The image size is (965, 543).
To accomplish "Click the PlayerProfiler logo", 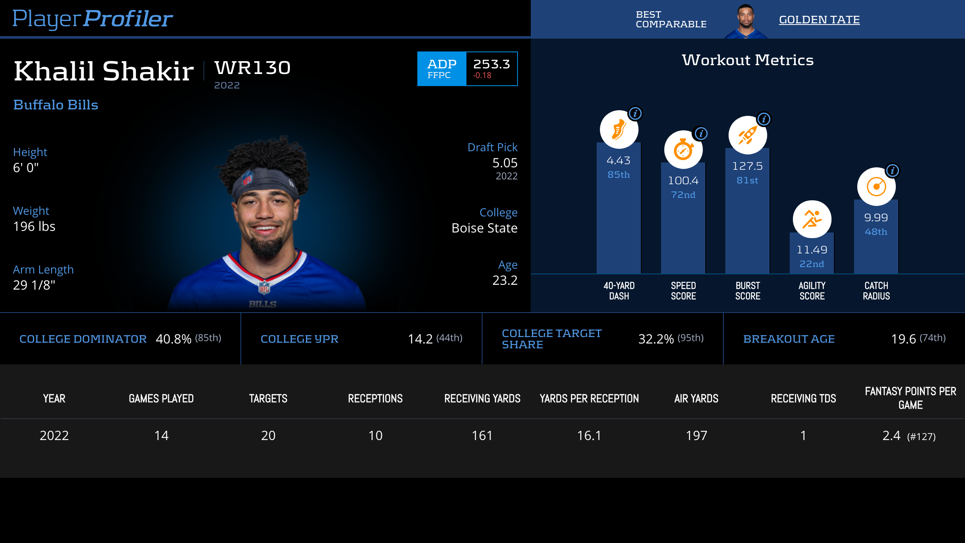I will tap(92, 19).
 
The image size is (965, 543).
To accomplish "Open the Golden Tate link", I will tap(819, 20).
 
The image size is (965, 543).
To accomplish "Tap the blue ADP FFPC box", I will tap(441, 69).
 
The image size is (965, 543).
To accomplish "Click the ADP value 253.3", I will tap(491, 64).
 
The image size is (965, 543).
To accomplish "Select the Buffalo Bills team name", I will tap(55, 105).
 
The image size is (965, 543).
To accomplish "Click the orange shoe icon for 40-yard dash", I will tap(618, 130).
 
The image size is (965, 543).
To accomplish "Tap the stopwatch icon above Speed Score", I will tap(683, 150).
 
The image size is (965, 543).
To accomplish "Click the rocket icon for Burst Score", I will tap(747, 136).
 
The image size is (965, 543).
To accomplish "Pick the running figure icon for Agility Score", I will tap(811, 220).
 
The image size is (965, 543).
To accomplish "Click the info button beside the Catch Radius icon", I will tap(892, 171).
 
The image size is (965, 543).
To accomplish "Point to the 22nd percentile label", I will tap(811, 264).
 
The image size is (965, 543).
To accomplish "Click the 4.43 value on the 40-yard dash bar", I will tap(618, 160).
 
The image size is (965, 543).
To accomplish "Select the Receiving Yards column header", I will tap(482, 399).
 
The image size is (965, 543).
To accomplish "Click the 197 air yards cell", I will tap(696, 436).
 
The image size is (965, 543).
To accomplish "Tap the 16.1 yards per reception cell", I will tap(589, 436).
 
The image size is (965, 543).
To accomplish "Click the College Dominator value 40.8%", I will tap(173, 339).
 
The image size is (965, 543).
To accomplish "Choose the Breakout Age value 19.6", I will tap(903, 339).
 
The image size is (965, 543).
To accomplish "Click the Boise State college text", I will tap(484, 228).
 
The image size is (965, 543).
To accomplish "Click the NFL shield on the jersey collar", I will tap(264, 288).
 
